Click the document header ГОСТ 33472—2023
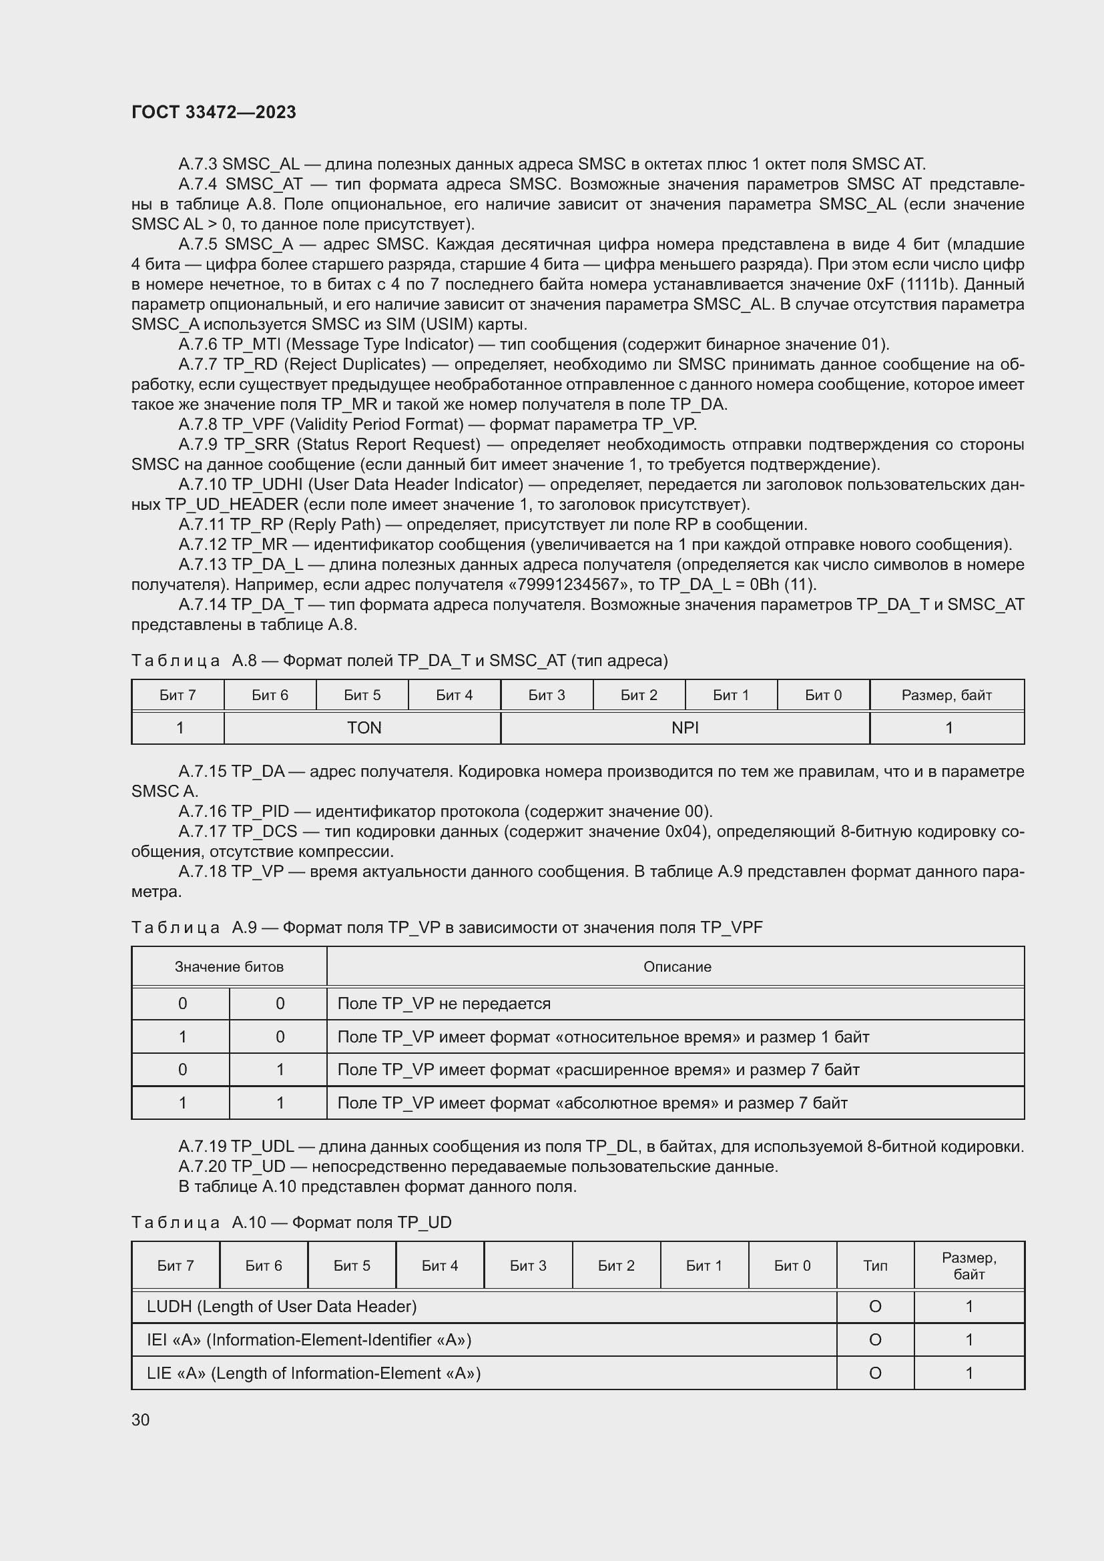pyautogui.click(x=214, y=112)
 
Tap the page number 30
pyautogui.click(x=141, y=1420)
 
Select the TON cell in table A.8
pyautogui.click(x=364, y=727)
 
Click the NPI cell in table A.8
pyautogui.click(x=685, y=727)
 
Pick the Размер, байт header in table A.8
pyautogui.click(x=946, y=695)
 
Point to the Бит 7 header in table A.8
pyautogui.click(x=178, y=695)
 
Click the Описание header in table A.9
pyautogui.click(x=677, y=966)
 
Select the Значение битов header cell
pyautogui.click(x=229, y=966)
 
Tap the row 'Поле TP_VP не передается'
pyautogui.click(x=444, y=1004)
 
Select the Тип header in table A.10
pyautogui.click(x=875, y=1265)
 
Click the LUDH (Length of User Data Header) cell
pyautogui.click(x=282, y=1306)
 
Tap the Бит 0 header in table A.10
pyautogui.click(x=792, y=1265)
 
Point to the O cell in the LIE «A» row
pyautogui.click(x=875, y=1373)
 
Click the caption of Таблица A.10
pyautogui.click(x=292, y=1222)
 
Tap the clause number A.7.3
pyautogui.click(x=198, y=164)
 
